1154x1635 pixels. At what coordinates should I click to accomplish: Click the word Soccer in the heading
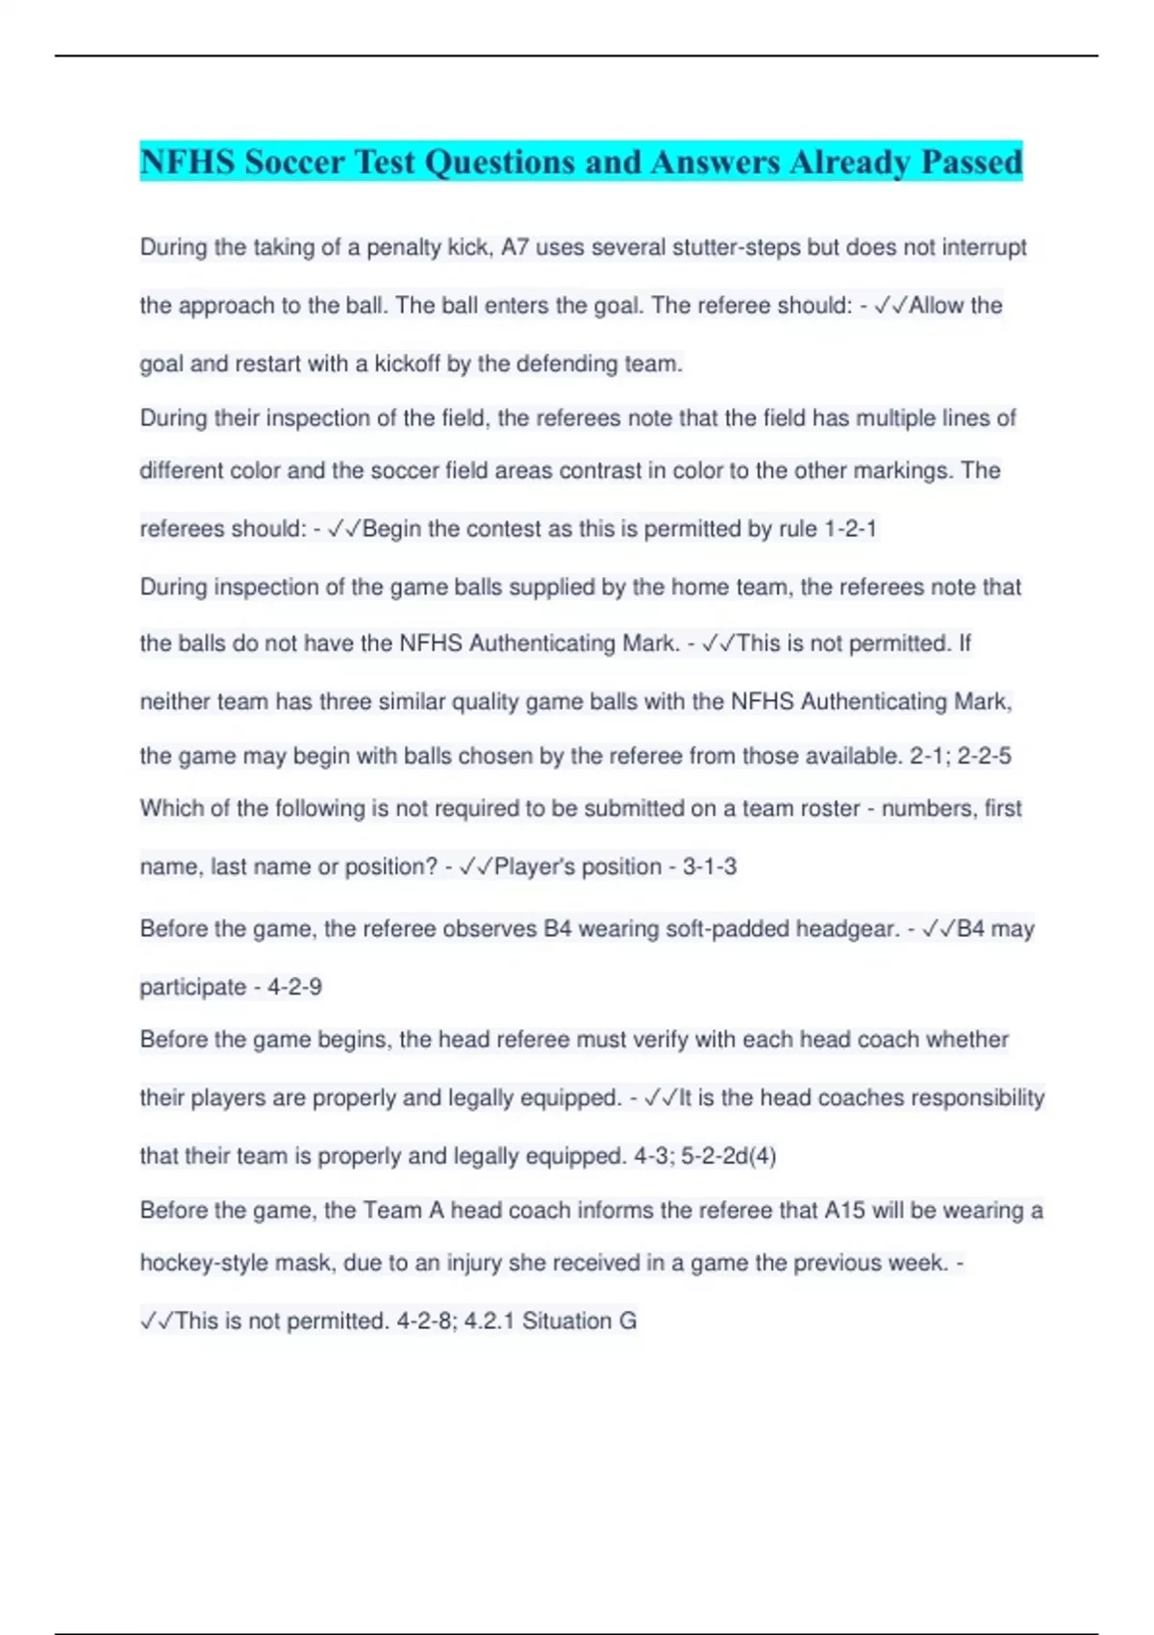coord(294,162)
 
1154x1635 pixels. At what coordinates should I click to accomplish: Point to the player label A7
coord(514,247)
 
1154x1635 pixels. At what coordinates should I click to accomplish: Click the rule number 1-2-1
coord(850,529)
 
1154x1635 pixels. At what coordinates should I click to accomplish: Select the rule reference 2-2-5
coord(984,756)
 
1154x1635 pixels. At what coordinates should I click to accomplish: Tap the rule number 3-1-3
coord(710,867)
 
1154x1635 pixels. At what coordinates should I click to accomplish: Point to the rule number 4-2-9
coord(294,987)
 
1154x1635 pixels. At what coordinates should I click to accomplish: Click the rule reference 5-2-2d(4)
coord(728,1156)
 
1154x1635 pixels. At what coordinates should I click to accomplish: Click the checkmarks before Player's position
coord(476,867)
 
